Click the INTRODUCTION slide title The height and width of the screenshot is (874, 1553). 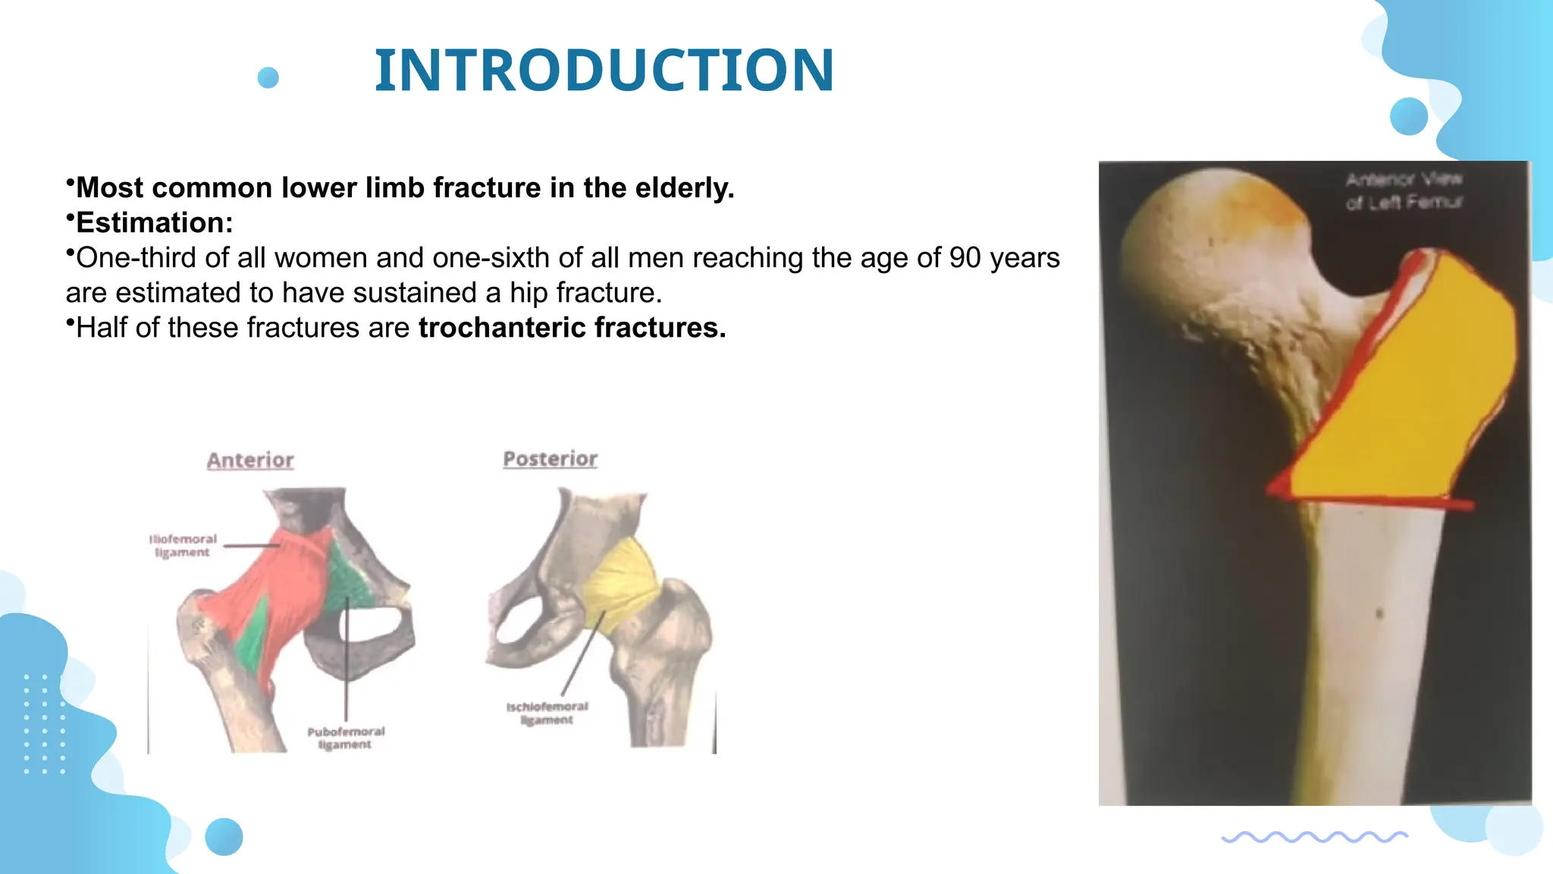[604, 71]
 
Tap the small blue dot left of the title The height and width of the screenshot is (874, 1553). [268, 77]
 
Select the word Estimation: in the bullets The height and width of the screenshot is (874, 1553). [155, 223]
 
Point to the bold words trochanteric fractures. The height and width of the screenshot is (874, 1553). [572, 328]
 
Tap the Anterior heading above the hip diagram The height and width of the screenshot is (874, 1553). [250, 460]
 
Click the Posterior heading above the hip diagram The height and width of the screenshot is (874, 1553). [550, 459]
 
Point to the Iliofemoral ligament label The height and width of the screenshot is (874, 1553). [183, 545]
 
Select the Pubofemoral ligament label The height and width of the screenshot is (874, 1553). [346, 738]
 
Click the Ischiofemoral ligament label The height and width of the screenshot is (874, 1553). [547, 713]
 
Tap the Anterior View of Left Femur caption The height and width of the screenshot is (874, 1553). [1403, 190]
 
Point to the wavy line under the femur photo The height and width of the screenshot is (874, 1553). [1314, 837]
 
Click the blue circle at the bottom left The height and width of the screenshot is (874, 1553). [224, 837]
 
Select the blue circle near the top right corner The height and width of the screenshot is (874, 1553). [1409, 116]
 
